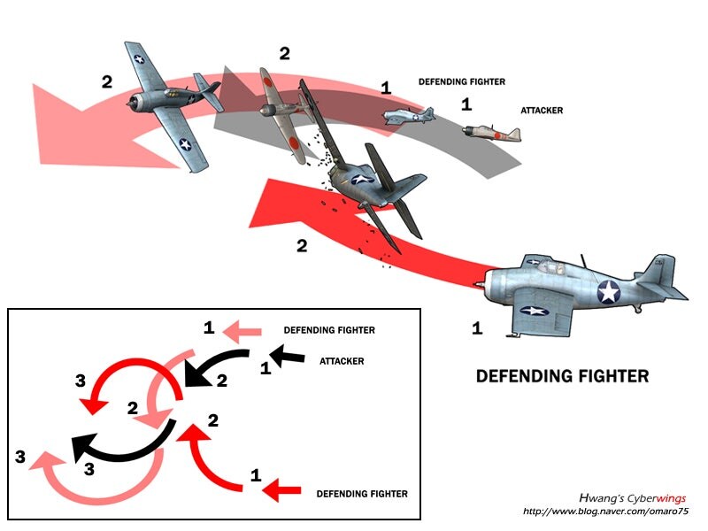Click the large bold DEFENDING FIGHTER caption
[x=562, y=376]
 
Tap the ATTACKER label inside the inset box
[x=341, y=361]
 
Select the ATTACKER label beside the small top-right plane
[x=542, y=111]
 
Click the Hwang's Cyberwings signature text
[x=632, y=498]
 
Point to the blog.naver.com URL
[x=605, y=512]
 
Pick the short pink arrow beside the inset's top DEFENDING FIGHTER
[x=242, y=332]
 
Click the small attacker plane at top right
[x=491, y=132]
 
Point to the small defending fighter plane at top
[x=410, y=115]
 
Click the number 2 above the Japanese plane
[x=284, y=53]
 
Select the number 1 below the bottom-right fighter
[x=477, y=328]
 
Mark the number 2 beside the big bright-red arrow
[x=302, y=245]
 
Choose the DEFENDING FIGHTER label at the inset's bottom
[x=362, y=494]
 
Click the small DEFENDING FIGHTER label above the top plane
[x=461, y=82]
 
